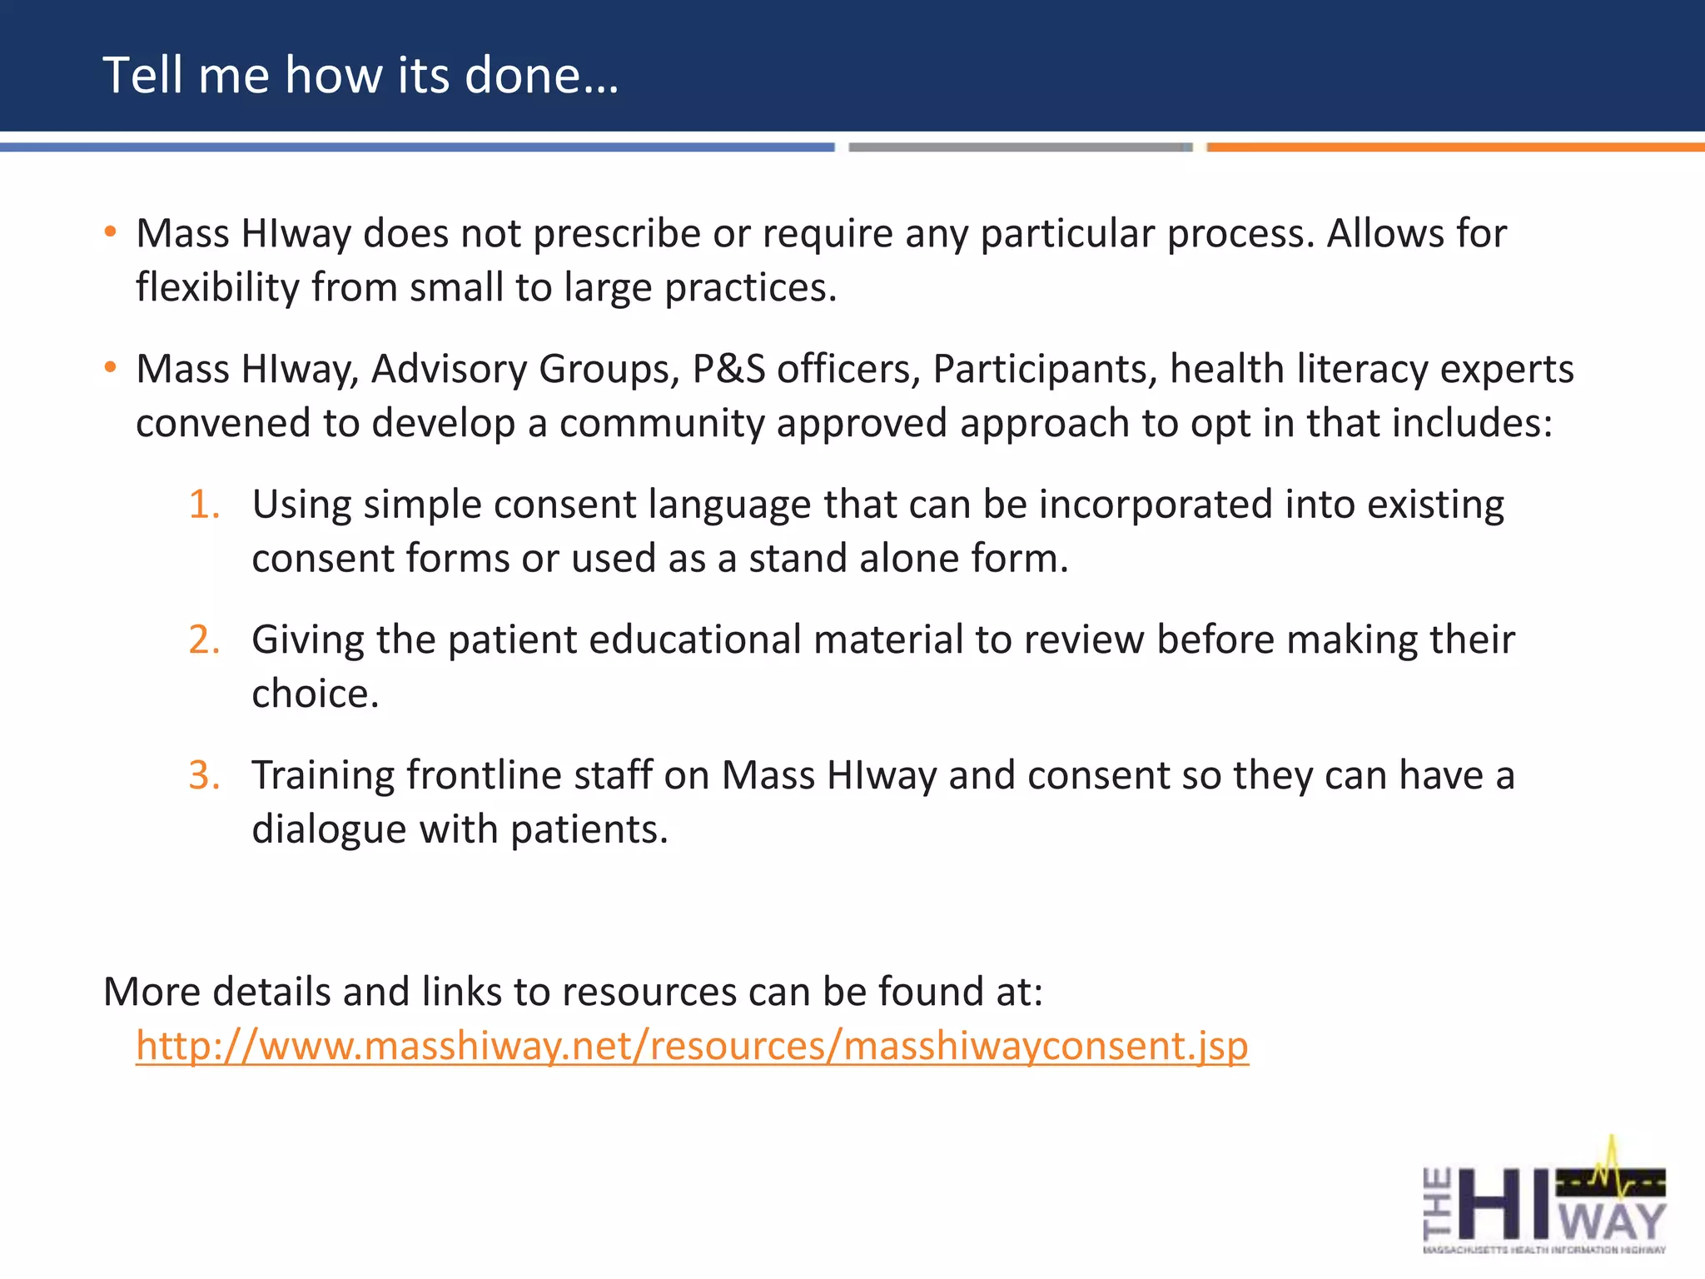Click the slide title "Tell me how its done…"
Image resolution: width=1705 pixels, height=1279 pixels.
click(360, 75)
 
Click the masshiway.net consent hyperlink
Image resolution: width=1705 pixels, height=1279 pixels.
click(692, 1045)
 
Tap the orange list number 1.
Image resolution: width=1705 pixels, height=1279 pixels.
click(204, 505)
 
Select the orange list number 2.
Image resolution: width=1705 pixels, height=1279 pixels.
click(204, 639)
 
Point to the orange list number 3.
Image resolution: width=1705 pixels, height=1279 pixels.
click(204, 775)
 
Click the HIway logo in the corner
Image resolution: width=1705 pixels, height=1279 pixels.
click(1544, 1199)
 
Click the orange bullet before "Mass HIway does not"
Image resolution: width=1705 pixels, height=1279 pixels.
click(110, 232)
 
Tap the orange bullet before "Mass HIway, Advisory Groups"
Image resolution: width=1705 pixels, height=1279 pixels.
click(110, 368)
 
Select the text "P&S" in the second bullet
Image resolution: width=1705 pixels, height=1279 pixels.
click(728, 369)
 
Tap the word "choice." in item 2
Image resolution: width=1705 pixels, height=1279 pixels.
click(315, 694)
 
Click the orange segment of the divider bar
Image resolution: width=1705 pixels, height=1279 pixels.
click(1455, 147)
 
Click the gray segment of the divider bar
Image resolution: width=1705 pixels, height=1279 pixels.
click(1020, 147)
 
